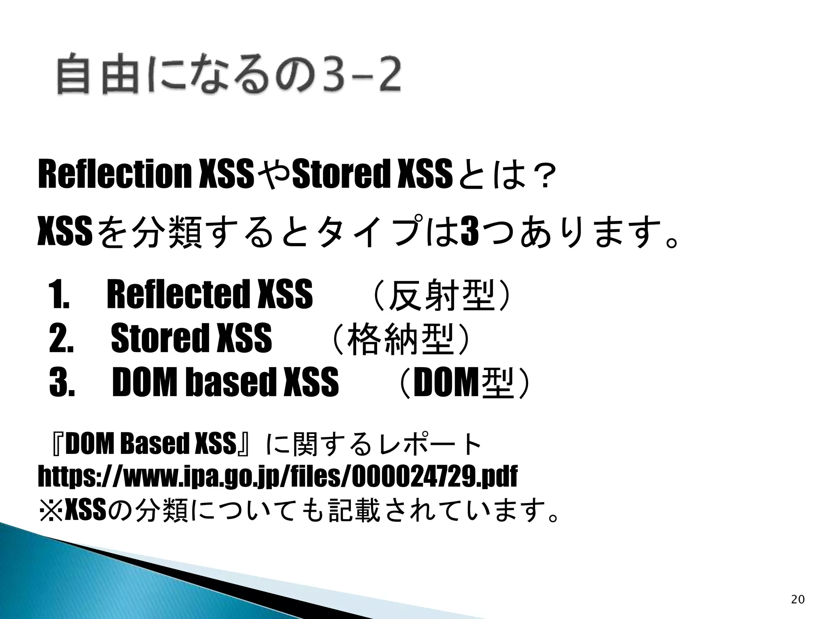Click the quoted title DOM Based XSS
150,445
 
